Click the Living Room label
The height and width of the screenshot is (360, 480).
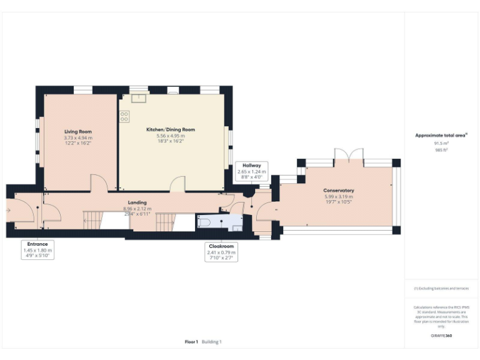coord(78,132)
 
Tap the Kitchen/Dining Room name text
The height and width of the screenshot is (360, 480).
coord(171,129)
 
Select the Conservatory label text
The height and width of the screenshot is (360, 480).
coord(338,190)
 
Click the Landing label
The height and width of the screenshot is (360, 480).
coord(137,202)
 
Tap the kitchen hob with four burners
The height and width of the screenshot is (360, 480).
coord(124,116)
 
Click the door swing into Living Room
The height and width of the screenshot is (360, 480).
coord(98,183)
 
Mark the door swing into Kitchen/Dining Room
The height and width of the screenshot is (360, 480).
coord(178,184)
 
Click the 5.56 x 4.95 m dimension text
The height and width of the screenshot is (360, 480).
coord(171,136)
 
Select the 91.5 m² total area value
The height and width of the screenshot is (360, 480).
coord(442,143)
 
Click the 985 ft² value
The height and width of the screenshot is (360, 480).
coord(442,150)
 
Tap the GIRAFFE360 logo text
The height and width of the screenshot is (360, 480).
coord(441,336)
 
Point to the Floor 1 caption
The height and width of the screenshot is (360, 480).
coord(191,342)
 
